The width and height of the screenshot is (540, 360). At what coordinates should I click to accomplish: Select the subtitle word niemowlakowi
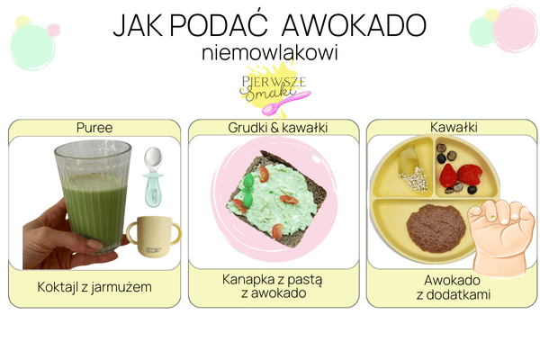coord(270,54)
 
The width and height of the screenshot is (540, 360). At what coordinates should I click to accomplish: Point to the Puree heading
coord(94,128)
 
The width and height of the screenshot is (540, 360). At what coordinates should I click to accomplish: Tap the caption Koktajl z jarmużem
coord(94,287)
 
